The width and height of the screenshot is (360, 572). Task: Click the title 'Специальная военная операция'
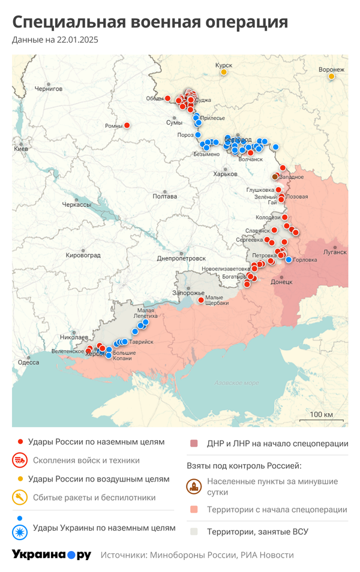click(150, 22)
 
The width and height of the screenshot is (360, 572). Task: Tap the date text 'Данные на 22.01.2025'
click(55, 40)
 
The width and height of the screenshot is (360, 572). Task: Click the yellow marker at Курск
click(224, 72)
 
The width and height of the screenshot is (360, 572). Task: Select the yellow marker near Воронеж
click(331, 77)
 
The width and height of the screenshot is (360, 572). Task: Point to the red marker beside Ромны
click(127, 125)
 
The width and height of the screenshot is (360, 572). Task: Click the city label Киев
click(21, 148)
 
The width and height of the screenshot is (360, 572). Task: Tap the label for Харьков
click(225, 174)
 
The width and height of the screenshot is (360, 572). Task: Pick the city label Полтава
click(164, 196)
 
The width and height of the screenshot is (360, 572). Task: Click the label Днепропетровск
click(181, 258)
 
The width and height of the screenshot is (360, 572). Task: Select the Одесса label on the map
click(28, 362)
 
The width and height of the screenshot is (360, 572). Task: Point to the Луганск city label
click(335, 252)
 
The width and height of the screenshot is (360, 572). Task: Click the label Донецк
click(281, 281)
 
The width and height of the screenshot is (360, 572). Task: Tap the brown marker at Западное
click(275, 176)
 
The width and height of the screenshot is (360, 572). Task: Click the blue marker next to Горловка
click(289, 260)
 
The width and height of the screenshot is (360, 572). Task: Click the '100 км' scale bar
click(321, 415)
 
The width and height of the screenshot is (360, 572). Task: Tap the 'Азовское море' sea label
click(237, 383)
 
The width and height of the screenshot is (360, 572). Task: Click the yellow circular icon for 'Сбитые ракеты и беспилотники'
click(20, 497)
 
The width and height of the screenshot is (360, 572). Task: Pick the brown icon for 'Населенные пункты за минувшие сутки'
click(193, 486)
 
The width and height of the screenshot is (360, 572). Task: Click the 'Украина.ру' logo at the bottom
click(52, 555)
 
